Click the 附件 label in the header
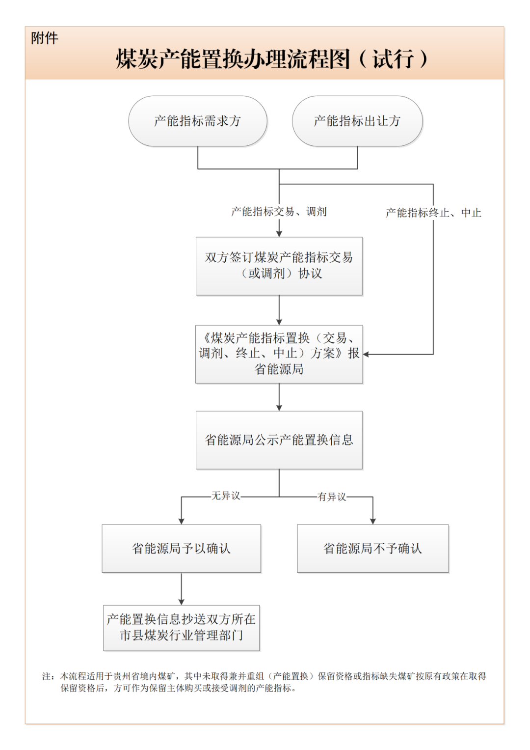pyautogui.click(x=45, y=38)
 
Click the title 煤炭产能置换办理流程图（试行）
pyautogui.click(x=271, y=59)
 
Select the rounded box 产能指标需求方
pyautogui.click(x=197, y=121)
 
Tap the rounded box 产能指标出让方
pyautogui.click(x=357, y=121)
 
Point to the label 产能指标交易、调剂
pyautogui.click(x=279, y=212)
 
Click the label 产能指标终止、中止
pyautogui.click(x=433, y=213)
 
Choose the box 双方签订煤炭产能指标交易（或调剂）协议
pyautogui.click(x=279, y=266)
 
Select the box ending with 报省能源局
pyautogui.click(x=279, y=354)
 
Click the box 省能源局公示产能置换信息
pyautogui.click(x=279, y=440)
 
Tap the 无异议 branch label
pyautogui.click(x=226, y=496)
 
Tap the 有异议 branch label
pyautogui.click(x=332, y=497)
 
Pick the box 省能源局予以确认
pyautogui.click(x=181, y=548)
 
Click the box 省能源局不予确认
pyautogui.click(x=372, y=548)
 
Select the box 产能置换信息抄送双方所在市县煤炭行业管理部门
pyautogui.click(x=181, y=627)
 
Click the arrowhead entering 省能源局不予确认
pyautogui.click(x=372, y=521)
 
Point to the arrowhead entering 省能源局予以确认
pyautogui.click(x=182, y=521)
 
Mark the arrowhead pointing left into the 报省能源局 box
pyautogui.click(x=366, y=354)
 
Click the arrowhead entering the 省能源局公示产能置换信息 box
pyautogui.click(x=279, y=408)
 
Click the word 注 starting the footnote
pyautogui.click(x=46, y=676)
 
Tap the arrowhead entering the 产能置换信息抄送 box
pyautogui.click(x=182, y=602)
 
